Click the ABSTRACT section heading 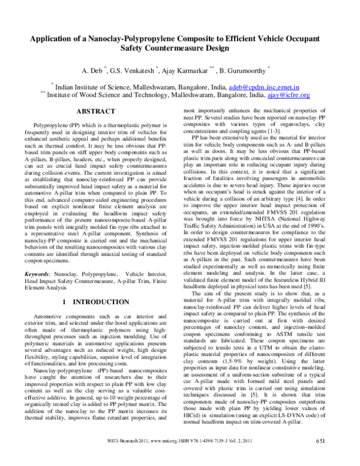(x=96, y=112)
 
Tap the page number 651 (x=338, y=458)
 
